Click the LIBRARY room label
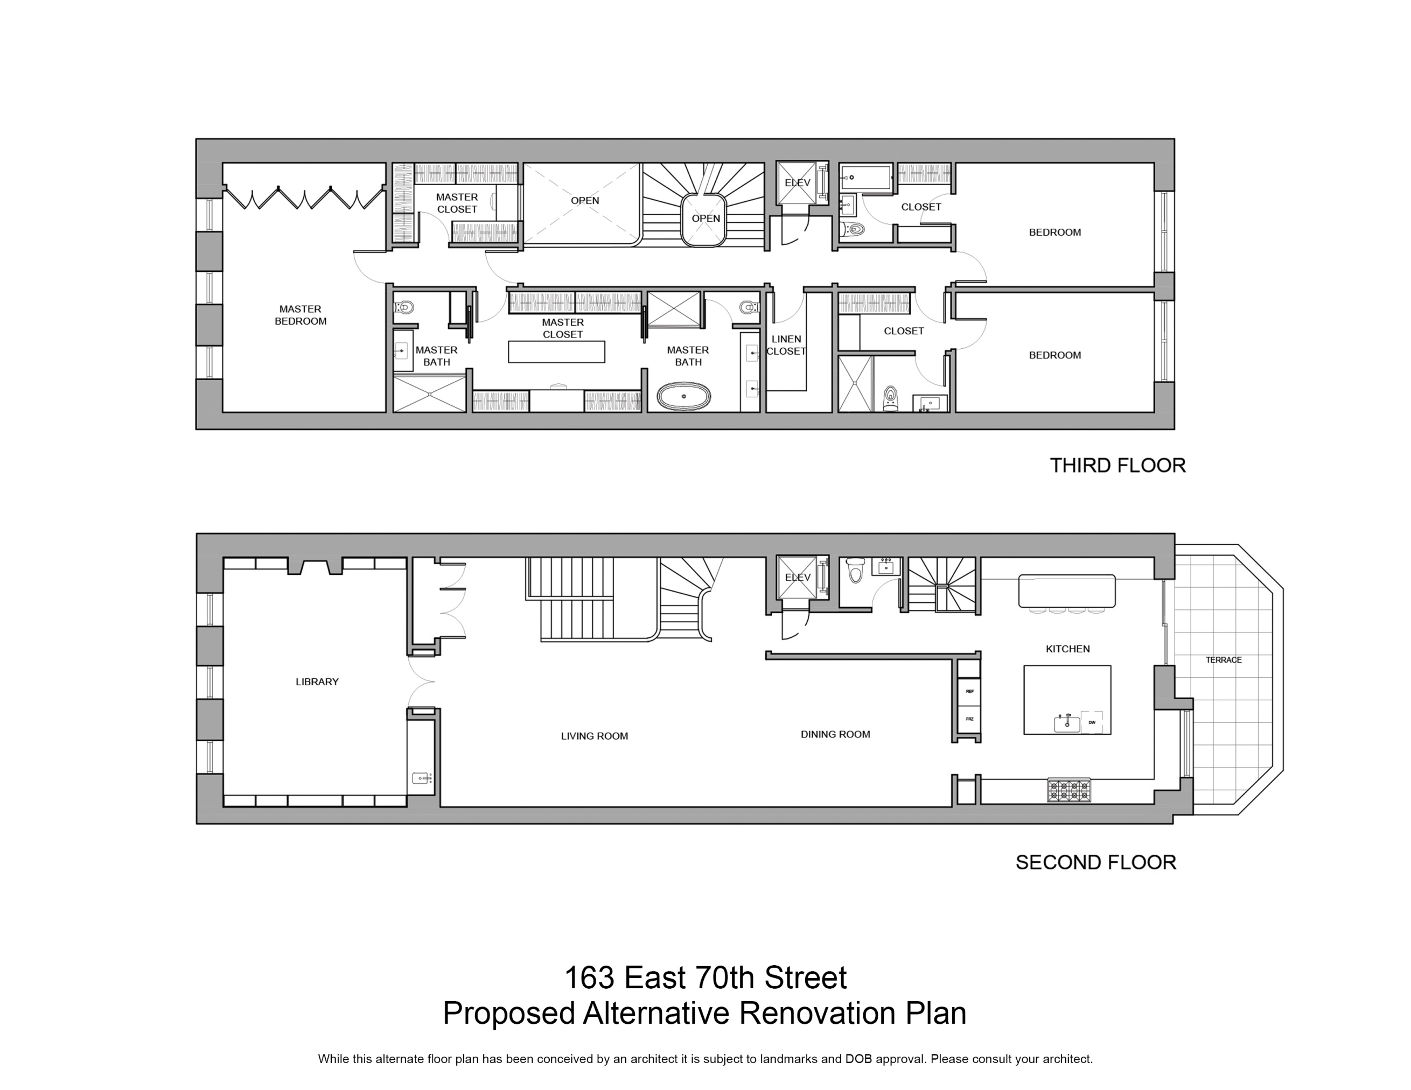coord(317,681)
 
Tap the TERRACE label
coord(1223,659)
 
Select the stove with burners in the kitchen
coord(1068,790)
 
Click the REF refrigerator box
coord(969,691)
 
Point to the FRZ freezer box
coord(969,719)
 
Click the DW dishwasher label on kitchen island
coord(1092,722)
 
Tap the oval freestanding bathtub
coord(683,397)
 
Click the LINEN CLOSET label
coord(786,345)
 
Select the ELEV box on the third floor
coord(797,182)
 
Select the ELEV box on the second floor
coord(797,577)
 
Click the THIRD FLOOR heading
coord(1117,466)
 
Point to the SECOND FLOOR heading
coord(1096,862)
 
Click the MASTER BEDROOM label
coord(301,315)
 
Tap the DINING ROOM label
coord(835,734)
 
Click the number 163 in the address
coord(589,978)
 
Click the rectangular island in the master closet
coord(556,352)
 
